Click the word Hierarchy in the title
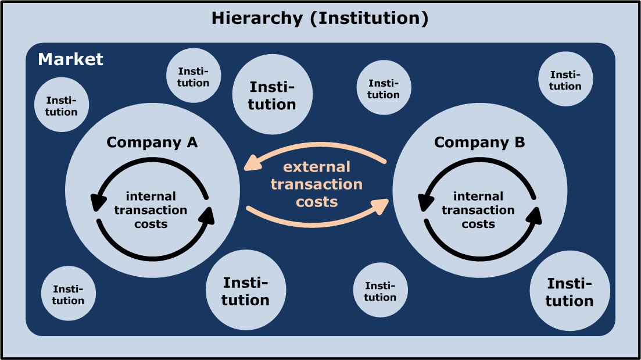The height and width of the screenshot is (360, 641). [257, 18]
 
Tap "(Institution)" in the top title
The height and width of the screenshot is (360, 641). [369, 18]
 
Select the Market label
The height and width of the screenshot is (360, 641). [70, 59]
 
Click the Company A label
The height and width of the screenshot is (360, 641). [152, 142]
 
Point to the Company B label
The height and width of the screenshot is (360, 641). [479, 142]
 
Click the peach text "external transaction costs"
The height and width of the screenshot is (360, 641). [317, 184]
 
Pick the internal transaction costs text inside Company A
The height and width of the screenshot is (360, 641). [151, 210]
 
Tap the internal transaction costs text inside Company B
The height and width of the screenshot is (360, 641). [478, 210]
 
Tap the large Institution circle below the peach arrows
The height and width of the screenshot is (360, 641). [246, 291]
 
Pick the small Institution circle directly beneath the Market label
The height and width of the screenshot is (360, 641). [61, 105]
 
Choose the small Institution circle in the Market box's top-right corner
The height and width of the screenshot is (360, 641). [565, 79]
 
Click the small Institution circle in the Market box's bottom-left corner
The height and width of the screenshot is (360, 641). [68, 294]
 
